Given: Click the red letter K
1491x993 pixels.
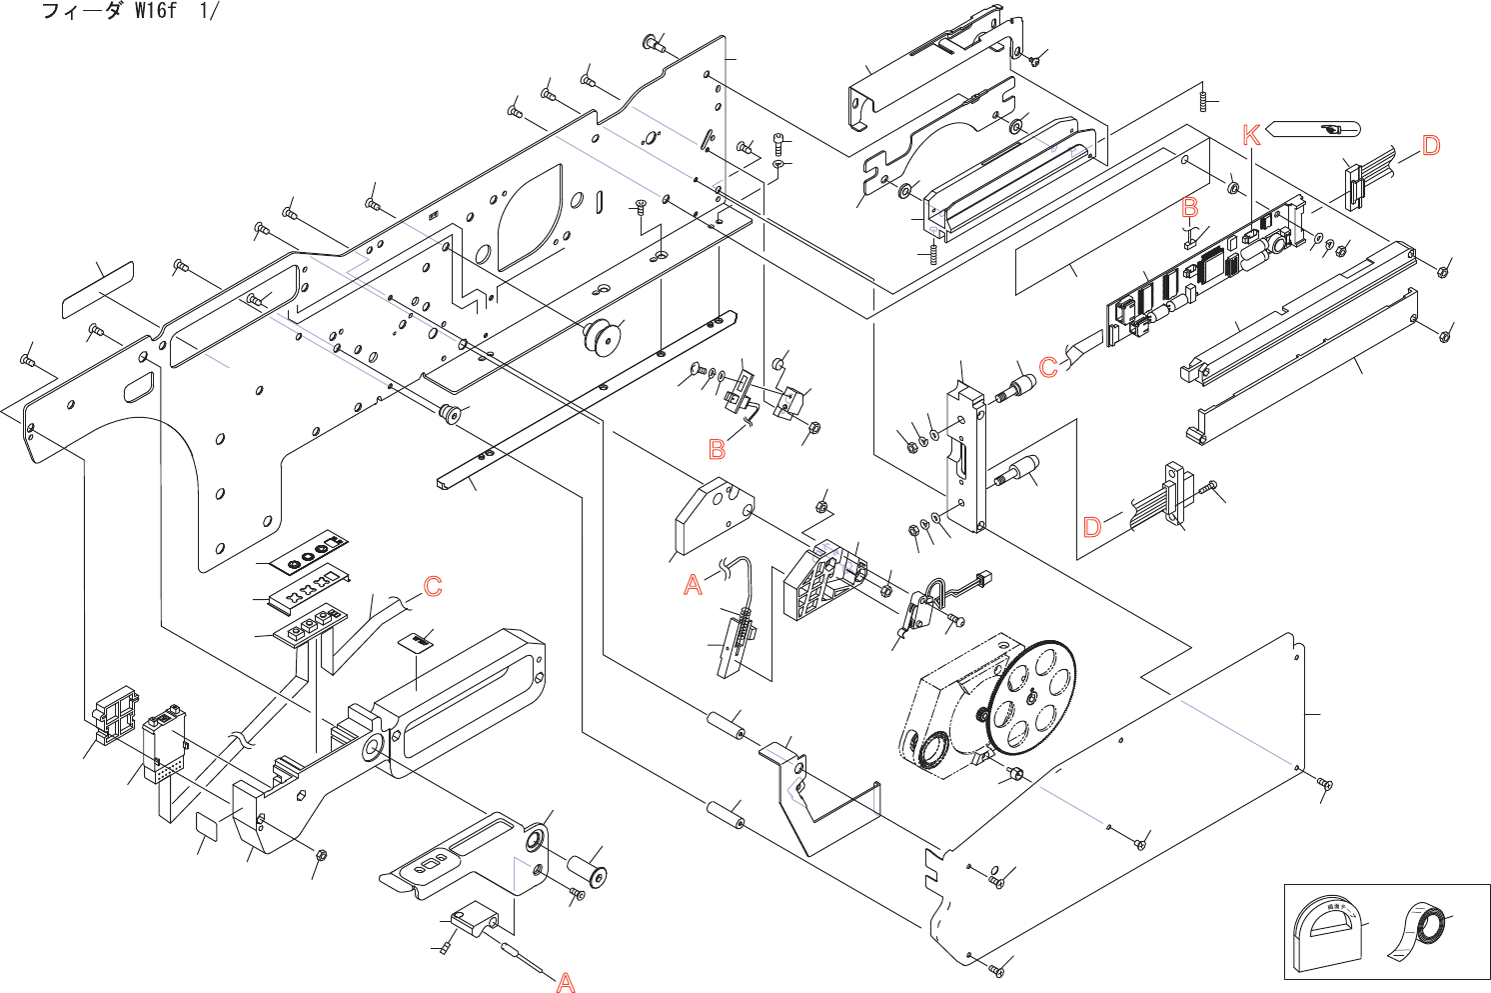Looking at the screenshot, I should tap(1251, 135).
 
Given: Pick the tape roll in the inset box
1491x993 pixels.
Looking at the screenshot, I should tap(1420, 934).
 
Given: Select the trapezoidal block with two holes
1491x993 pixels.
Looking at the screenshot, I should tap(713, 517).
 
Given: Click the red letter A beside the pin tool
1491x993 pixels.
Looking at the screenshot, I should tap(566, 982).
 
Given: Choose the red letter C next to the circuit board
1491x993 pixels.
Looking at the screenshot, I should tap(1047, 367).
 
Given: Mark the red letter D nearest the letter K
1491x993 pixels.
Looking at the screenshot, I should tap(1430, 145).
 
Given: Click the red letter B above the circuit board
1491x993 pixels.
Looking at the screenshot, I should tap(1189, 207).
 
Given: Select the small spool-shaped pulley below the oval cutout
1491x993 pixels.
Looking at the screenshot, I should tap(603, 338).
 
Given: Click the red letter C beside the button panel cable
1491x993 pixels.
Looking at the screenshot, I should tap(433, 586).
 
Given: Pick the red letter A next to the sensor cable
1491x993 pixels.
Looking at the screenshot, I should tap(693, 585).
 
